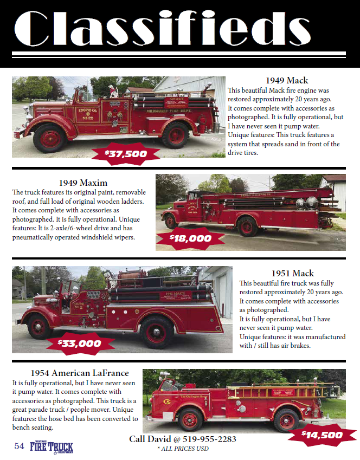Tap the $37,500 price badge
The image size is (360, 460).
[x=126, y=154]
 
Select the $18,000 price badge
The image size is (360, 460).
[x=190, y=238]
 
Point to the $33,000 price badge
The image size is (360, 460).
[x=80, y=344]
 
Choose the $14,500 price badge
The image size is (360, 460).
[x=322, y=435]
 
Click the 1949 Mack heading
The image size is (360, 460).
[x=287, y=80]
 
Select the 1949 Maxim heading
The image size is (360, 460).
[x=83, y=183]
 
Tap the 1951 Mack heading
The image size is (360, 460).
[x=293, y=274]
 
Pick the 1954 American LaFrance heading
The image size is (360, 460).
[x=80, y=373]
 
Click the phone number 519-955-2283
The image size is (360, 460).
[x=209, y=439]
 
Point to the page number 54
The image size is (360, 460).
[x=19, y=446]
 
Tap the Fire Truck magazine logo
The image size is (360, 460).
[x=52, y=448]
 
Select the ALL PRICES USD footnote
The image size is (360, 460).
[x=183, y=449]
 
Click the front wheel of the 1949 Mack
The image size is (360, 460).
[x=50, y=138]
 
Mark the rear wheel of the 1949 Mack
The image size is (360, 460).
[x=176, y=135]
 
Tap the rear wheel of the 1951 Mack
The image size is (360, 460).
[x=157, y=332]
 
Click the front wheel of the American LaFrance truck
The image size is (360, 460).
[x=190, y=420]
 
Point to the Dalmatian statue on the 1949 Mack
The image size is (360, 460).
[x=112, y=91]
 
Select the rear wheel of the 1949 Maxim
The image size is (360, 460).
[x=247, y=226]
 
